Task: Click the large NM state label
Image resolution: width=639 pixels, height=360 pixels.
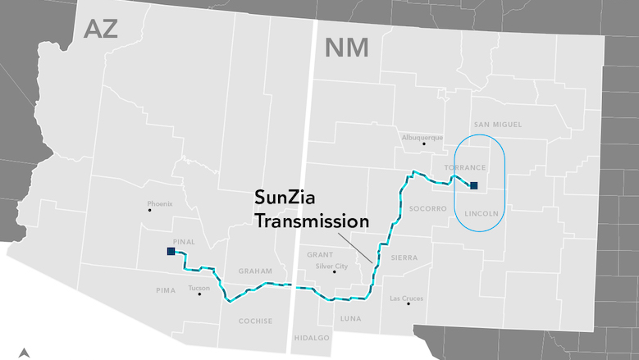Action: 347,48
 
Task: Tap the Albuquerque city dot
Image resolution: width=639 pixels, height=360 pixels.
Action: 423,144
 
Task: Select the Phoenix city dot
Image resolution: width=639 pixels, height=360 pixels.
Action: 149,211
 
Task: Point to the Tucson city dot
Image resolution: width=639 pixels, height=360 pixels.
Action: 199,294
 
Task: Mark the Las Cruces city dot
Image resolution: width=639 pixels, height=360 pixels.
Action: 408,304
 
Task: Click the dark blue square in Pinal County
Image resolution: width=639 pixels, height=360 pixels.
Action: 171,252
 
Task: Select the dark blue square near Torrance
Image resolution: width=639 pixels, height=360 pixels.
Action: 473,185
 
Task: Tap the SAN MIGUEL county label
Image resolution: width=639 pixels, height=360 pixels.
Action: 496,125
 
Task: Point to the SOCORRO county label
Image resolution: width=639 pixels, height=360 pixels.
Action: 427,208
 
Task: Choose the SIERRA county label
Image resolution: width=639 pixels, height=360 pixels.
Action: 404,257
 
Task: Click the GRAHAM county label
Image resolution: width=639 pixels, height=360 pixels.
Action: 254,271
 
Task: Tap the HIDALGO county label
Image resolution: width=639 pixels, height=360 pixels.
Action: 311,337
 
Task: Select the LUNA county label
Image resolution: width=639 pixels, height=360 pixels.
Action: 350,318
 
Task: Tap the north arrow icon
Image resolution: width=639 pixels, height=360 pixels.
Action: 25,353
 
